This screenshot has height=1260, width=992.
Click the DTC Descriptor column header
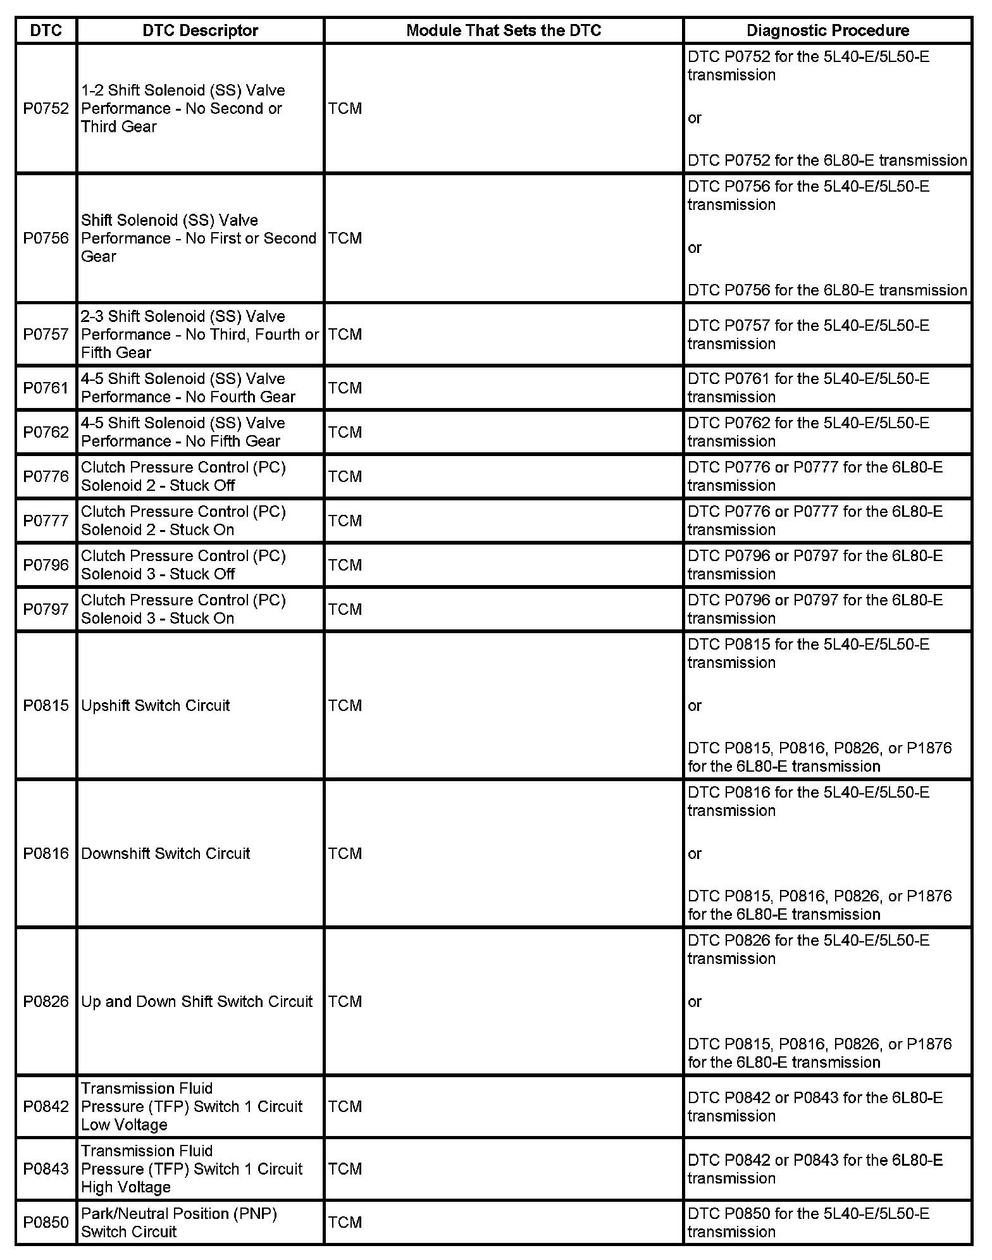click(200, 30)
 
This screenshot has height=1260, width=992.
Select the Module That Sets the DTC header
click(504, 30)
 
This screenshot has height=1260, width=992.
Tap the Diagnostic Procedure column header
click(828, 30)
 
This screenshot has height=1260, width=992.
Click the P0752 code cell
click(46, 108)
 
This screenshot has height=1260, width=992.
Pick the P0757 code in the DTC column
click(46, 334)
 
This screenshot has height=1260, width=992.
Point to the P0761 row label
click(46, 388)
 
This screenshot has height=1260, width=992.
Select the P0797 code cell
click(46, 609)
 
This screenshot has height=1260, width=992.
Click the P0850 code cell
click(46, 1222)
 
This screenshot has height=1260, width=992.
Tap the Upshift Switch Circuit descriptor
click(156, 705)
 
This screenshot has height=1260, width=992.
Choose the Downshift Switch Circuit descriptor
click(166, 853)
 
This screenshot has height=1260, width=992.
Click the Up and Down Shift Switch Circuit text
click(197, 1001)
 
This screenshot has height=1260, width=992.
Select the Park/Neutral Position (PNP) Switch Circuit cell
click(179, 1222)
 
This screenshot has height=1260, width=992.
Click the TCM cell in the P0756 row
click(345, 238)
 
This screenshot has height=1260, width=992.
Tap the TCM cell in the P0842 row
click(345, 1106)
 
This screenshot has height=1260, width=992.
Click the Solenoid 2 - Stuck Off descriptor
click(183, 476)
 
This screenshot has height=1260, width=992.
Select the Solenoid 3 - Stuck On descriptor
click(183, 609)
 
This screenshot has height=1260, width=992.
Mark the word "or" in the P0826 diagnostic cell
click(695, 1001)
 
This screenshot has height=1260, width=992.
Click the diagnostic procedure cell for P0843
click(815, 1169)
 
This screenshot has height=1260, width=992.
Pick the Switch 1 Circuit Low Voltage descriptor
click(192, 1106)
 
